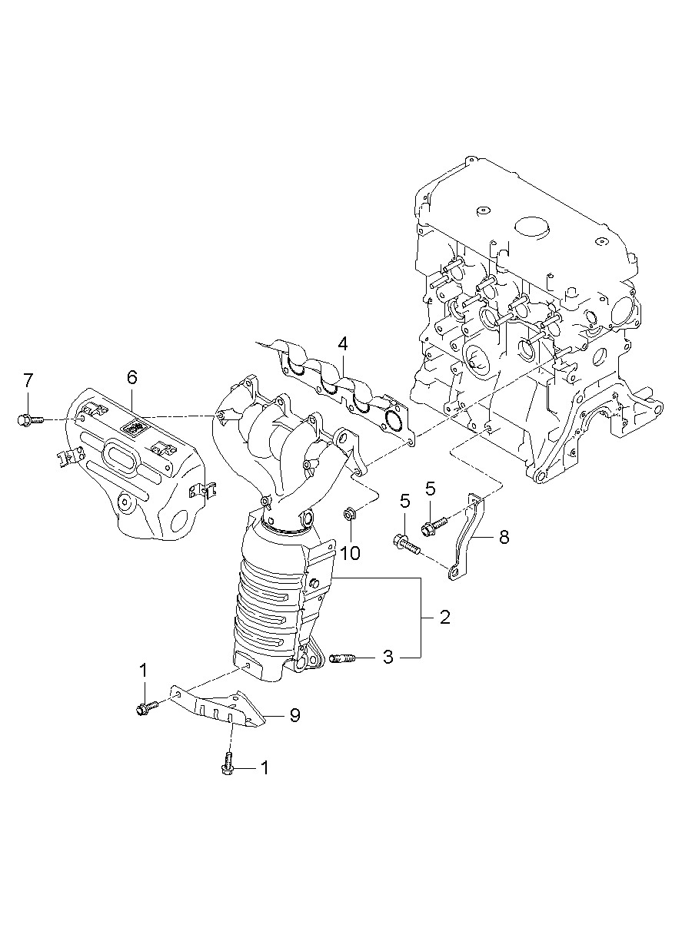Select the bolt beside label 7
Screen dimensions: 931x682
[x=26, y=419]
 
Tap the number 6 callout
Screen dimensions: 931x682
[x=131, y=377]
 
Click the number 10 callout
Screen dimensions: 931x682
[x=350, y=552]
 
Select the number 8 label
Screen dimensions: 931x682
[x=504, y=537]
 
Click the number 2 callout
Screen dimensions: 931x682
[x=444, y=617]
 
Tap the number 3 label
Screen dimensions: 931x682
[x=388, y=657]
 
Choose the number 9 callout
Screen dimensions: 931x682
[x=294, y=715]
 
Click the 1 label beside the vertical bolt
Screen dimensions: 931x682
[x=265, y=767]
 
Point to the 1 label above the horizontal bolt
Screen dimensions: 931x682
[x=143, y=671]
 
